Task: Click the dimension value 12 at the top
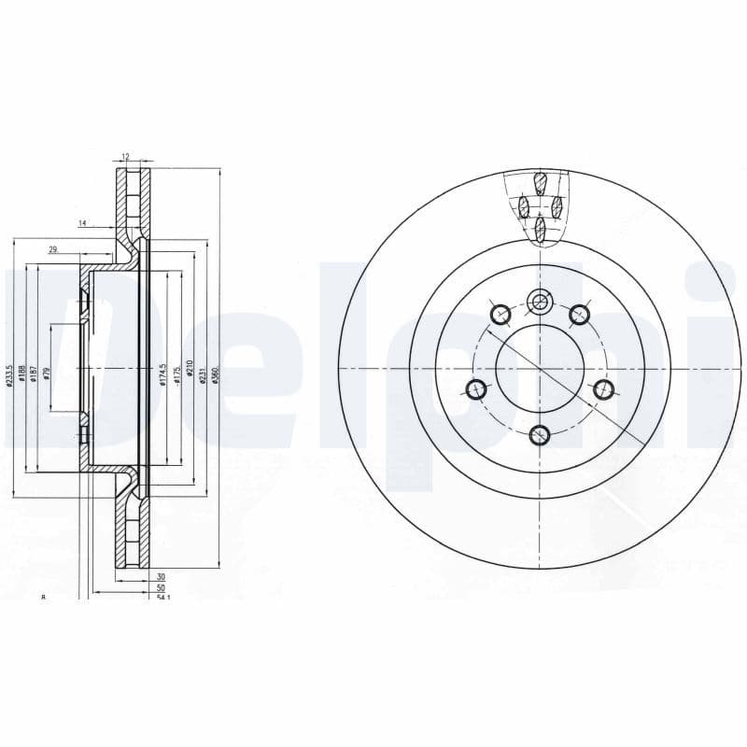(124, 156)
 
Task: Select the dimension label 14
(82, 223)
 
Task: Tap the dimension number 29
(53, 248)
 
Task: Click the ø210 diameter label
(190, 370)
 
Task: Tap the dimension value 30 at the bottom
(161, 577)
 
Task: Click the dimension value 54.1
(163, 597)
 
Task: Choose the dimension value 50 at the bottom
(161, 587)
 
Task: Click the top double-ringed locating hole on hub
(540, 302)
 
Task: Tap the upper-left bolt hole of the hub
(500, 314)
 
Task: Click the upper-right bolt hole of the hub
(580, 314)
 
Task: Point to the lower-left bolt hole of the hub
(476, 389)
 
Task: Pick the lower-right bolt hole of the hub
(603, 389)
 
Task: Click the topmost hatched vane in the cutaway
(540, 181)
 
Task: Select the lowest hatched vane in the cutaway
(540, 229)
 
